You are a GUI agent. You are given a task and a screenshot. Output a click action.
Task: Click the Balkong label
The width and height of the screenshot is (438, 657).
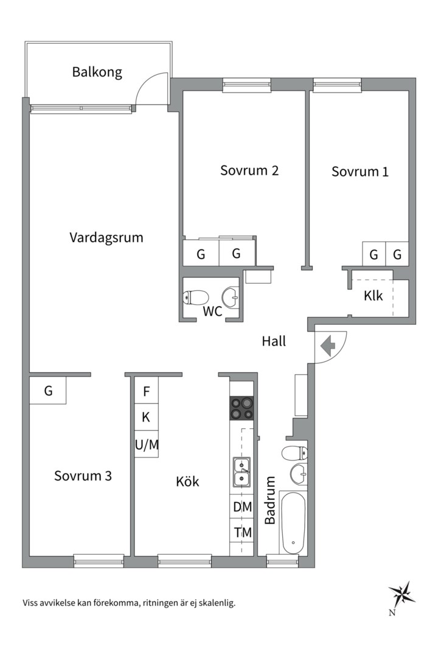point(97,72)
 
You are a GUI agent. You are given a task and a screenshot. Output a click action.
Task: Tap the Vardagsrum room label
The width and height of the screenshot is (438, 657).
point(106,237)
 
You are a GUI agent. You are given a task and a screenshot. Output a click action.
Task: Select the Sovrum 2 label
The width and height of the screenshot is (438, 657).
point(249,170)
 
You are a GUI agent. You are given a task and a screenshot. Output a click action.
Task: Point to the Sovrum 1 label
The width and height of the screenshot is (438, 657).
point(360,172)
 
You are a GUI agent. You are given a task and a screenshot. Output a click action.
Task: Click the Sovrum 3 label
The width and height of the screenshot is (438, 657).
point(83,476)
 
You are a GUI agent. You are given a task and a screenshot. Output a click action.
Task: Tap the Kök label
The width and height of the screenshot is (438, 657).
point(187,482)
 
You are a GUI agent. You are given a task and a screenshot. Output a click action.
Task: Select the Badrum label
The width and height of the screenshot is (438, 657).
point(270,500)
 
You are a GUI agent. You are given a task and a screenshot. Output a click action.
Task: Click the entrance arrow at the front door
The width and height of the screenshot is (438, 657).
point(327,347)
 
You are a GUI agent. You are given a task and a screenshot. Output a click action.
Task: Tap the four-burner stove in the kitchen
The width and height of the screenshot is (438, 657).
point(242,408)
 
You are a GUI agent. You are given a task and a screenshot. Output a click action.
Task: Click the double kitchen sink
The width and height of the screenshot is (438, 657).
point(242,473)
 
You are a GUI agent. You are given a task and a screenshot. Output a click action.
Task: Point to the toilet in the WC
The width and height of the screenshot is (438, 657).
point(196,297)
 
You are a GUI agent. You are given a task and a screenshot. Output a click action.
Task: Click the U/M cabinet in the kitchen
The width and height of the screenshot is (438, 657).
point(147,445)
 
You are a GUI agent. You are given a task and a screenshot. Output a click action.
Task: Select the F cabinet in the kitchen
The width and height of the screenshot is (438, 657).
point(147,391)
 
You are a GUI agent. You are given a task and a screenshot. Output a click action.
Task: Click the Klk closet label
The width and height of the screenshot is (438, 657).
point(373,296)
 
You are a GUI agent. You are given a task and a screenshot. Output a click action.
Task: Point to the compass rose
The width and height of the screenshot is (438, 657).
point(401,593)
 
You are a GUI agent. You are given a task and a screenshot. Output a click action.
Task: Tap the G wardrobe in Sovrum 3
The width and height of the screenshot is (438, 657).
point(48,391)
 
